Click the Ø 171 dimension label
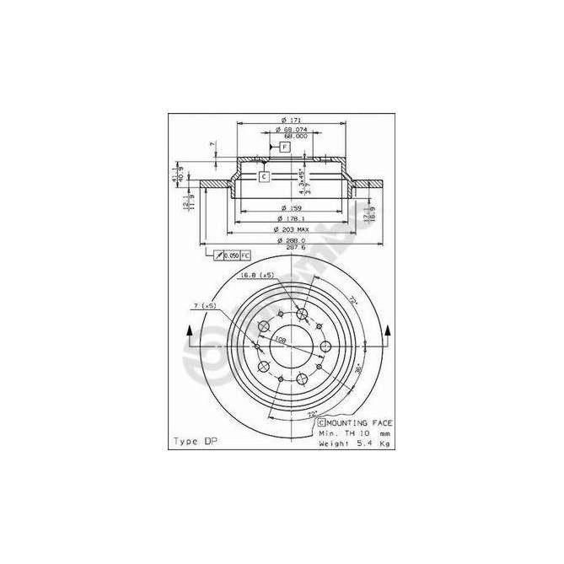point(293,119)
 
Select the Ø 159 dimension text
point(293,208)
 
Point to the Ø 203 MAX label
point(293,229)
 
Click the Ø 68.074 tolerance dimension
point(293,129)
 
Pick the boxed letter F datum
point(284,148)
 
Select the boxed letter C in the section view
point(264,177)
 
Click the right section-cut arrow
point(388,335)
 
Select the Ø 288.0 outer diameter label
point(293,240)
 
